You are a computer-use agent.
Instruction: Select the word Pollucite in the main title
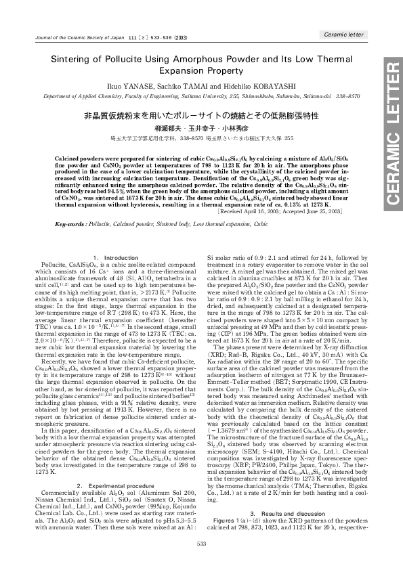click(121, 60)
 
